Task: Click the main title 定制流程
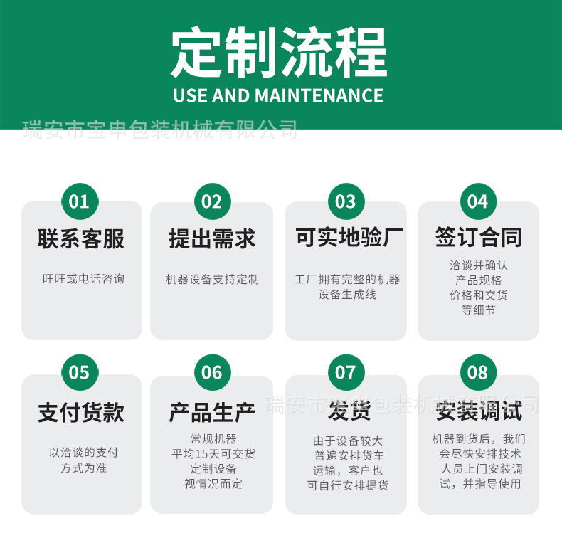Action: [x=278, y=53]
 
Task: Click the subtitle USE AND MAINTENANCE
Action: [x=278, y=95]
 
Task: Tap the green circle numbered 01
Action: [x=79, y=201]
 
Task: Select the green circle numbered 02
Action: [x=212, y=201]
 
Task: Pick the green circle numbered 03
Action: [x=345, y=201]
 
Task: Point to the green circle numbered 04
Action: [x=478, y=201]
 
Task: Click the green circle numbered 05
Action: [x=79, y=372]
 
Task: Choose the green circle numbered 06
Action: [x=212, y=372]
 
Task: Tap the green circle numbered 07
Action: [x=345, y=372]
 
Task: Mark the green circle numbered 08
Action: [x=478, y=372]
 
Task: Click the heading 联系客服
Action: [x=81, y=239]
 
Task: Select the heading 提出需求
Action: [x=212, y=239]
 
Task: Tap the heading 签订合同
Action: [x=478, y=238]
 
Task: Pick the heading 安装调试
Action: [x=479, y=411]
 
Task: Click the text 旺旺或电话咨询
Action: [x=83, y=279]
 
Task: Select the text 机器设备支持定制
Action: [x=212, y=279]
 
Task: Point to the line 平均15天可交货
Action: [x=213, y=453]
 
